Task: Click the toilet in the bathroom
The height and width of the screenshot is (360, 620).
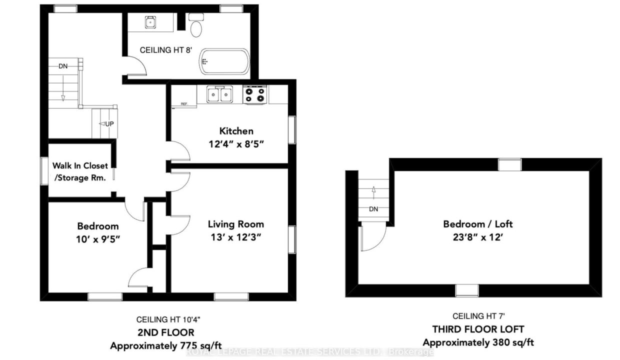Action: (x=196, y=25)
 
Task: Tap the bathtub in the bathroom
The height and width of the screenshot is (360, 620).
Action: (x=224, y=61)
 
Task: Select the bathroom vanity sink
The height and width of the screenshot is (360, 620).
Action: (x=150, y=22)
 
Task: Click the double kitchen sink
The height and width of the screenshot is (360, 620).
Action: (x=219, y=94)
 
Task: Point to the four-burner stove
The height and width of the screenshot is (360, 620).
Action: (x=254, y=94)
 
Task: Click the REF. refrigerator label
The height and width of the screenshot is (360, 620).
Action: (x=184, y=104)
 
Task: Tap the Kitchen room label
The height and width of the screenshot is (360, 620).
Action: (x=236, y=131)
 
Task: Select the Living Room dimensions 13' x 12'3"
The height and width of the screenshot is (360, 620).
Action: (x=236, y=237)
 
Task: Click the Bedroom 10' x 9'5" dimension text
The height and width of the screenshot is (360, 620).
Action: (x=98, y=239)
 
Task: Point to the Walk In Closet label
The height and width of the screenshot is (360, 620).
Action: (x=80, y=165)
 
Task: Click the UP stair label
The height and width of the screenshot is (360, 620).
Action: (x=109, y=123)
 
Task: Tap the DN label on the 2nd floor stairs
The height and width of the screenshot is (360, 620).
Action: (x=63, y=66)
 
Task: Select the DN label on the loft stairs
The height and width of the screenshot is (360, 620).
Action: (x=373, y=209)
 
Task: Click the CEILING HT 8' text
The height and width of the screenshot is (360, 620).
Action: (x=166, y=50)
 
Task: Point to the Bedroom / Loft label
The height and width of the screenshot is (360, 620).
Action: (x=477, y=224)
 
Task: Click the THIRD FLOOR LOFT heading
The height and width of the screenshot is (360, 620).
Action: (x=478, y=329)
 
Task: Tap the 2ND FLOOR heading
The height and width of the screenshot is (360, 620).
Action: (x=166, y=332)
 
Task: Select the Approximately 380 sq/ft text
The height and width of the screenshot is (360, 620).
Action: (x=478, y=342)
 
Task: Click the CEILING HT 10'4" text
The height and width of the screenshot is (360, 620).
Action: (x=168, y=319)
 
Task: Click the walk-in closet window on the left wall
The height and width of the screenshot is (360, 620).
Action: (x=44, y=170)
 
